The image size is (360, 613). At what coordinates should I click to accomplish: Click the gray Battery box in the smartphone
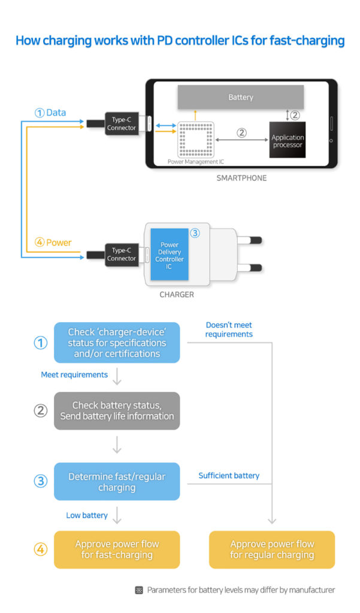click(x=240, y=97)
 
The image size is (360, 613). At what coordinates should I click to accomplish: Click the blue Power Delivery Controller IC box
click(x=170, y=255)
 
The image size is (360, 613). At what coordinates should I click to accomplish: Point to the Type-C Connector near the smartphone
click(x=122, y=123)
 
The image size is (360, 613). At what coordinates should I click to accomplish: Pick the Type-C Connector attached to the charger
click(x=122, y=254)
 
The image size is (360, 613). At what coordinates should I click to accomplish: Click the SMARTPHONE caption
click(x=241, y=178)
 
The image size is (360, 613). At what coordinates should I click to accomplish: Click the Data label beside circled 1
click(x=56, y=113)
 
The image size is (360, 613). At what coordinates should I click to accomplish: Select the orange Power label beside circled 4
click(x=59, y=242)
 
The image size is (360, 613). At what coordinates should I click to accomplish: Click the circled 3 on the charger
click(x=195, y=233)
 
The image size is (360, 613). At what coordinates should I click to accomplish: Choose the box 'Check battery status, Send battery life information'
click(x=117, y=411)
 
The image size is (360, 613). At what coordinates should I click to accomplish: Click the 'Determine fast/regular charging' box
click(x=117, y=482)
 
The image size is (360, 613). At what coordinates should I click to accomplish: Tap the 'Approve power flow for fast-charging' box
click(x=117, y=550)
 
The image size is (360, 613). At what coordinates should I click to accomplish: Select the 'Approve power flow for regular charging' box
click(x=272, y=550)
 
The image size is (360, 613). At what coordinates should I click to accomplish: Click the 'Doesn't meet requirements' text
click(x=229, y=329)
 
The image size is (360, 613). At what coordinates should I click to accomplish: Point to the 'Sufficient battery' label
click(x=229, y=475)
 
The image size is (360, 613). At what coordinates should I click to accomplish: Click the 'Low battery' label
click(x=86, y=515)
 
